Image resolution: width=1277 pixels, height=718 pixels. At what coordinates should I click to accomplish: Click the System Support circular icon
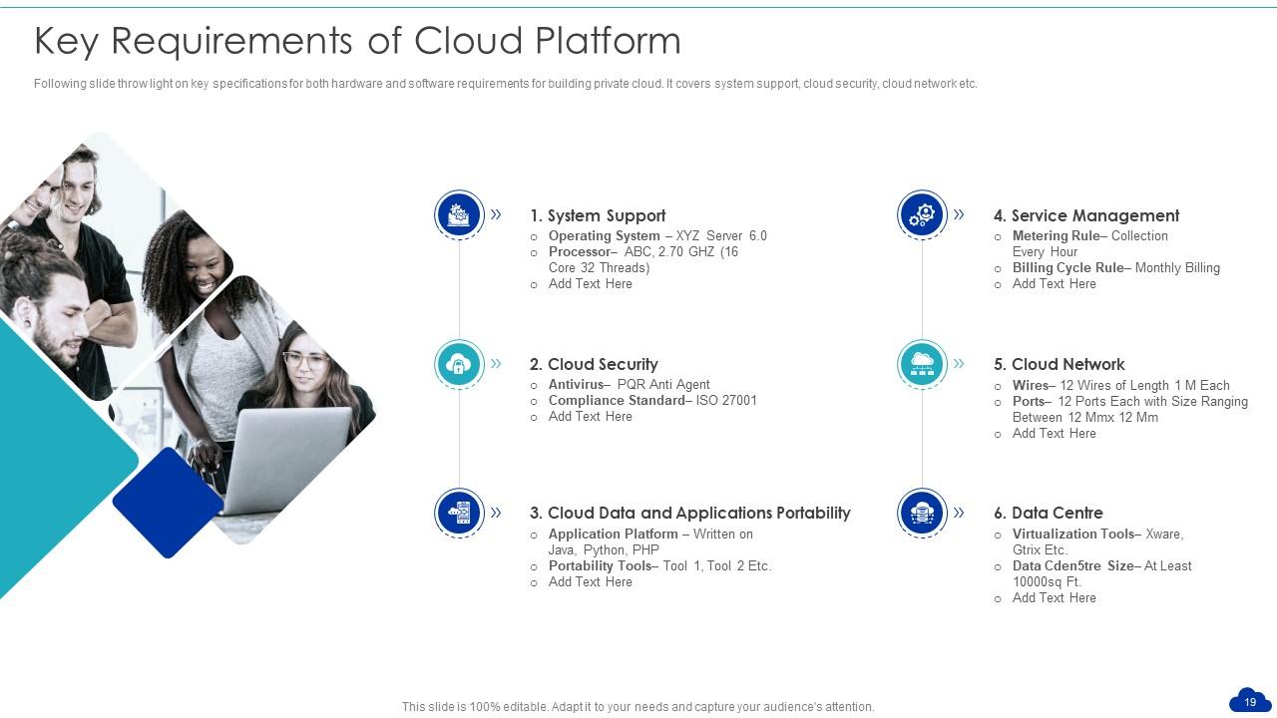point(459,214)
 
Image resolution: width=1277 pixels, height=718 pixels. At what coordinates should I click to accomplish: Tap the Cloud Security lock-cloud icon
point(459,364)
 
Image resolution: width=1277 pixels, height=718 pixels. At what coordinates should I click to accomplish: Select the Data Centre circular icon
point(922,513)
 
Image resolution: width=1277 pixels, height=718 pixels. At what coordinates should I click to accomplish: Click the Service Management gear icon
point(922,214)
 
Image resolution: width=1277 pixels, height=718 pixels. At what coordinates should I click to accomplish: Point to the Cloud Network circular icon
point(922,364)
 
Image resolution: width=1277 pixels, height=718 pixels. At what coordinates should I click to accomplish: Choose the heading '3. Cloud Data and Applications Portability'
point(689,513)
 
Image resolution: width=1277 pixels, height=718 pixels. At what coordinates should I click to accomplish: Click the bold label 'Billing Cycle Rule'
point(1067,267)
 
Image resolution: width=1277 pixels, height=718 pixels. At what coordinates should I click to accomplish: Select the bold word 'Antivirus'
point(576,384)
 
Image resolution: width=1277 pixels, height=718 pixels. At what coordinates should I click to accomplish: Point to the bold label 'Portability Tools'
point(600,565)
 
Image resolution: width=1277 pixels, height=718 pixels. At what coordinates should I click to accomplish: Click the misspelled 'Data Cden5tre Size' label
point(1072,565)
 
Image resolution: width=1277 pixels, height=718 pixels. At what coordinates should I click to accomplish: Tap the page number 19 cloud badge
point(1250,701)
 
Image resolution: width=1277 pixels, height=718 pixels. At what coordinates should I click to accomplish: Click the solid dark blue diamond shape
point(168,503)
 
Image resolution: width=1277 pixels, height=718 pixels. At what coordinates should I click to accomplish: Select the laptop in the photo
point(289,459)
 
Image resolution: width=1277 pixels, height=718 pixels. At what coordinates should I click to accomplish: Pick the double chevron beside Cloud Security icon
point(496,364)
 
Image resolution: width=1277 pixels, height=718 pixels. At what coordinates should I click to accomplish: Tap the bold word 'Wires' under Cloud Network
point(1030,385)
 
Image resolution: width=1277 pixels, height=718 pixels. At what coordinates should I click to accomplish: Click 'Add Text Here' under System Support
point(590,283)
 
